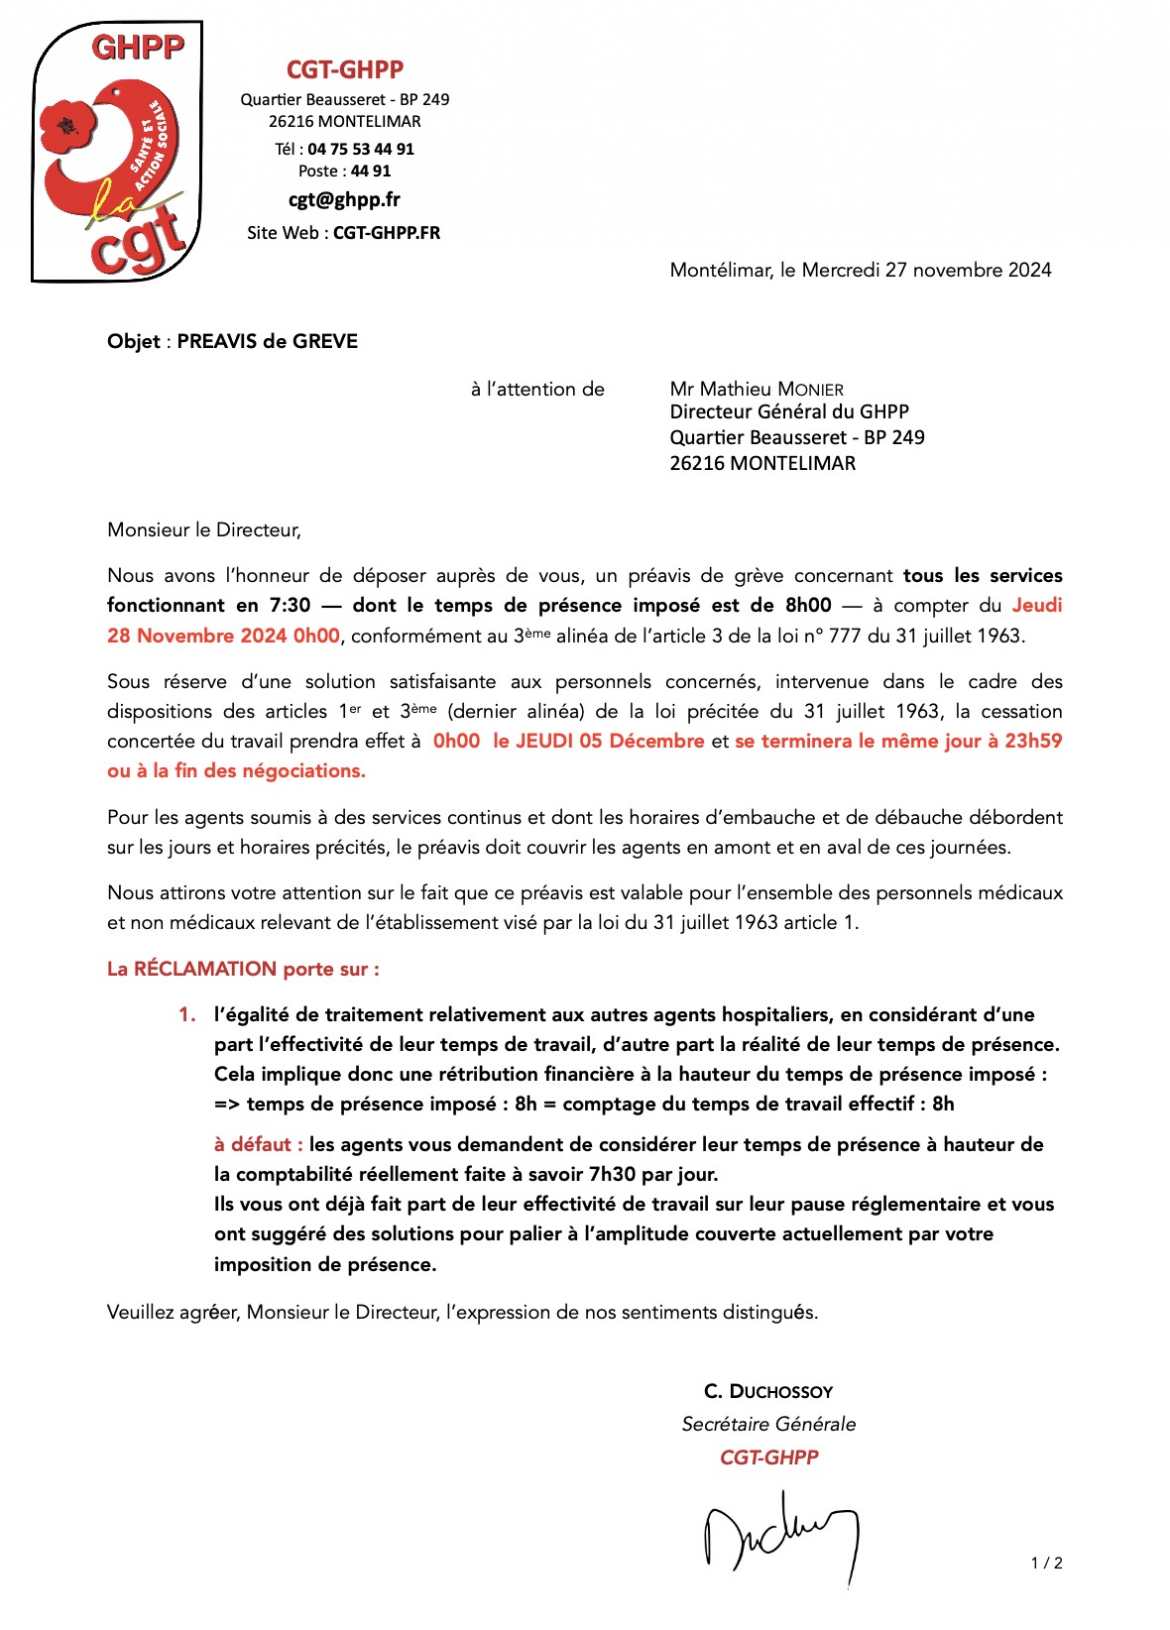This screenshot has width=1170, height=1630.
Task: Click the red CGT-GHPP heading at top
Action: tap(345, 69)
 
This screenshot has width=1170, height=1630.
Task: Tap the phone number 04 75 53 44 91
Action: tap(360, 149)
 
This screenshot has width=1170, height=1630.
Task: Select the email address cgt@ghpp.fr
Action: tap(344, 199)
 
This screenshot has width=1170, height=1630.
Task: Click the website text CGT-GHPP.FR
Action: tap(386, 233)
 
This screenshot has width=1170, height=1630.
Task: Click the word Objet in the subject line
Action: tap(133, 341)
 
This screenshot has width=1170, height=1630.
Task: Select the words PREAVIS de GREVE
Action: tap(267, 341)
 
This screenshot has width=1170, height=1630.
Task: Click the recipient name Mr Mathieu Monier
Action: tap(756, 389)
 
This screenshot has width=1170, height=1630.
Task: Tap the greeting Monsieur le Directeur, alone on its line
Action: tap(204, 530)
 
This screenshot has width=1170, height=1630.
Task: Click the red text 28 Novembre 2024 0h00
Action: tap(223, 636)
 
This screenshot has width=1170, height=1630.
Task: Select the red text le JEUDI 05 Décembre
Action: tap(598, 741)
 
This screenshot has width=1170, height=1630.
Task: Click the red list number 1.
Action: tap(186, 1015)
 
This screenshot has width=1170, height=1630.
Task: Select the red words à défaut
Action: tap(255, 1145)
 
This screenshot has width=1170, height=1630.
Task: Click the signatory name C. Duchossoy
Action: tap(768, 1392)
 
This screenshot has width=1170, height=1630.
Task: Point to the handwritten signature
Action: tap(780, 1535)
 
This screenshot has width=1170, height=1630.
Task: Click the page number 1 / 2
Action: tap(1046, 1563)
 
